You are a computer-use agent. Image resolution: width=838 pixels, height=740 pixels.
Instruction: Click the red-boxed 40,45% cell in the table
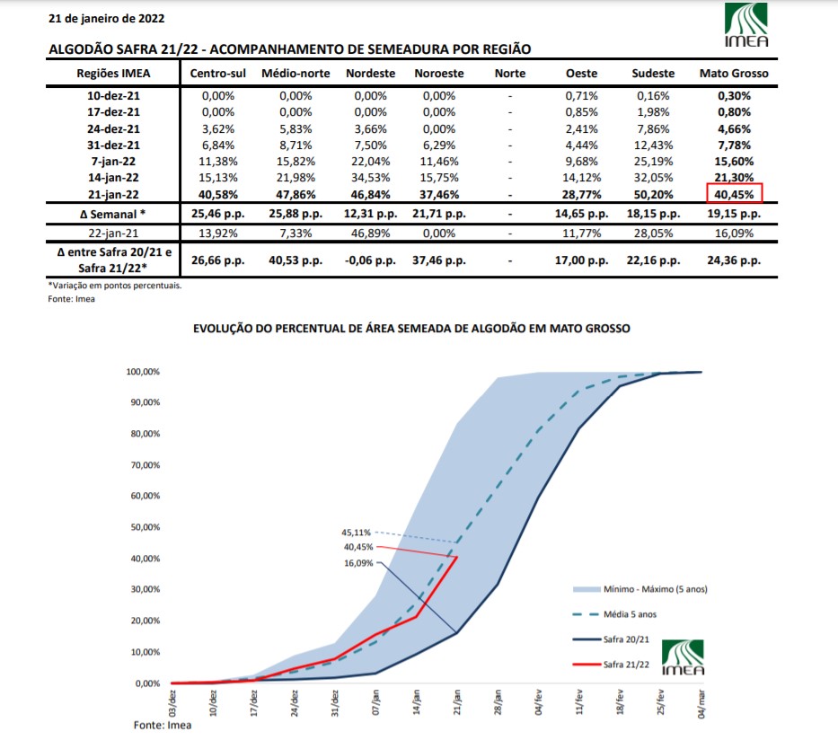(734, 193)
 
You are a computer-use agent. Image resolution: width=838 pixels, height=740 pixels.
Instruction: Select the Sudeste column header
(654, 74)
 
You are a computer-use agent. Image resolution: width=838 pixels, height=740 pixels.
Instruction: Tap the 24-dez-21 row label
(114, 128)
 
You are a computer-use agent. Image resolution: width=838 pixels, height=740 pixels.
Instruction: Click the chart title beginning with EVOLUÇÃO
(411, 329)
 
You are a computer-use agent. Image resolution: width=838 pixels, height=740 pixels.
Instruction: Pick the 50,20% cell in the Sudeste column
(654, 193)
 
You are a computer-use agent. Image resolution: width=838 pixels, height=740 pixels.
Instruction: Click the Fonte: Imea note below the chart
(160, 723)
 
